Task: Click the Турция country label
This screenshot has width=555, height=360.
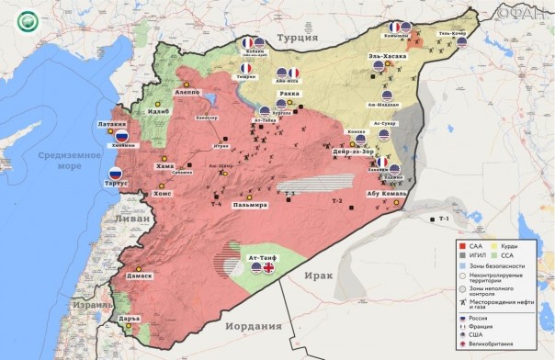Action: point(299,39)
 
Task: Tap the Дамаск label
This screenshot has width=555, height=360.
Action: point(139,274)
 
